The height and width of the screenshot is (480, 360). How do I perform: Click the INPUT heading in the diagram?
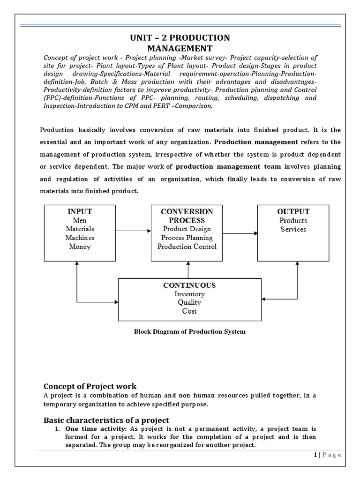tap(80, 211)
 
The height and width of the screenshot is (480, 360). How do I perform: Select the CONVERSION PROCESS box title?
tap(187, 216)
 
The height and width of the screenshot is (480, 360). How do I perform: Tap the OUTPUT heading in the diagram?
tap(293, 211)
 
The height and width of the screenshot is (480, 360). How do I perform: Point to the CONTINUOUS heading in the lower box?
tap(189, 285)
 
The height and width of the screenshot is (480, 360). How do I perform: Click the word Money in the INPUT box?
tap(80, 246)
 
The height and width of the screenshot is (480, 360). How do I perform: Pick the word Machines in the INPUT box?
tap(80, 238)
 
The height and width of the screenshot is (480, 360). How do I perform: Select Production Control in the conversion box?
tap(187, 247)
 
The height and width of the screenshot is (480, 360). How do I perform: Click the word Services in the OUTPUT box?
tap(293, 229)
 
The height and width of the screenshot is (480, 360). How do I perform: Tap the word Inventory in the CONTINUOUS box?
tap(189, 294)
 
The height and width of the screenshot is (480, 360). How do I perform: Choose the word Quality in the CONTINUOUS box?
tap(189, 302)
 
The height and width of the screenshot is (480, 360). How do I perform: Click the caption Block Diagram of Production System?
tap(190, 332)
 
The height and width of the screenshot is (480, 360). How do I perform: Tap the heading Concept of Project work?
tap(90, 386)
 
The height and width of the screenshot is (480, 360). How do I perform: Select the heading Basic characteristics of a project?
tap(106, 420)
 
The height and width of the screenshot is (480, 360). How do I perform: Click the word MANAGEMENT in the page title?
tap(180, 48)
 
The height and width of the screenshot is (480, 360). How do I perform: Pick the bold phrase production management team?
tap(229, 166)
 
